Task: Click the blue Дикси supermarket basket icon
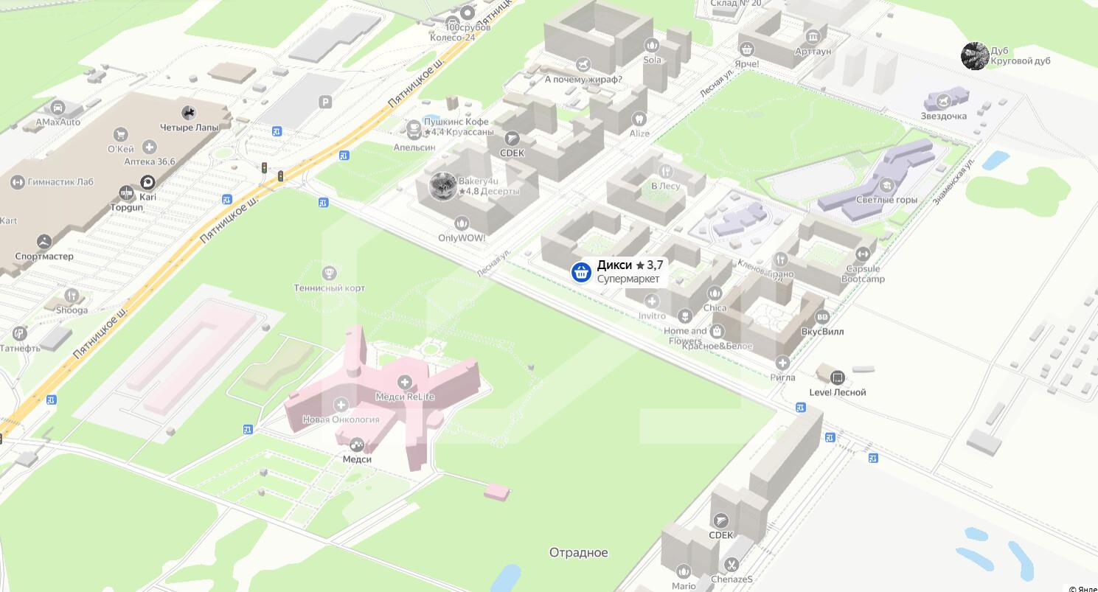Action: coord(581,272)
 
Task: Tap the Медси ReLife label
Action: coord(405,397)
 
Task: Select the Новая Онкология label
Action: coord(341,419)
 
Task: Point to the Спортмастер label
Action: coord(44,257)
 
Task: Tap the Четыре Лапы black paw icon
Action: coord(189,112)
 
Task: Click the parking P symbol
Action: coord(325,102)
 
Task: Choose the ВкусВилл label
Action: coord(822,332)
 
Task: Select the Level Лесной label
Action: coord(838,392)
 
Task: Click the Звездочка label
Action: coord(943,116)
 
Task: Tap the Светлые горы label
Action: coord(886,200)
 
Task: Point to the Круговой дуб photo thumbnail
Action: coord(975,56)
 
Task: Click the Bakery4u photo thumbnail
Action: coord(443,187)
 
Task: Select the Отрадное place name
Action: coord(578,553)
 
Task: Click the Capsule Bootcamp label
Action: coord(863,274)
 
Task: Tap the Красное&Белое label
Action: coord(717,346)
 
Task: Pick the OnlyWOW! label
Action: coord(462,238)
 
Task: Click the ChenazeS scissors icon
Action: coord(732,565)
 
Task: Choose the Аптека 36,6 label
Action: coord(150,161)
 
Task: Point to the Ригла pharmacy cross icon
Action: coord(782,363)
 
